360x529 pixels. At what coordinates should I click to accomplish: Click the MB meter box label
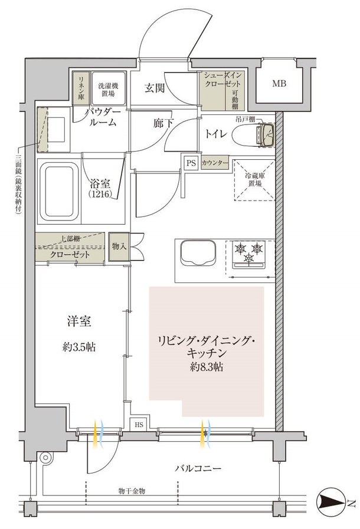(279, 83)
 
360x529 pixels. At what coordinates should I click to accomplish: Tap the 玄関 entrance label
(155, 88)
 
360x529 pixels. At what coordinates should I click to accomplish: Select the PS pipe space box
(191, 163)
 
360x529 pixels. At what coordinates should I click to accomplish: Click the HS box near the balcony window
(139, 425)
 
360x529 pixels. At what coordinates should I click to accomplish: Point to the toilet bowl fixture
(253, 135)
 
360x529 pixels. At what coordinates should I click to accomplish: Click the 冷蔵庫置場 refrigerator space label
(255, 180)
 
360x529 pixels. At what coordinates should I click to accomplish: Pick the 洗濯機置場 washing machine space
(109, 89)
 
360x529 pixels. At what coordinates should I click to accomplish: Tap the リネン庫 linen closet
(81, 88)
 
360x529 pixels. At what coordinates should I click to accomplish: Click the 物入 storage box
(119, 247)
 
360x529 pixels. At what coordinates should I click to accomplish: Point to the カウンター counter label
(215, 163)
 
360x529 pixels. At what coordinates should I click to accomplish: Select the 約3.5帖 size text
(79, 347)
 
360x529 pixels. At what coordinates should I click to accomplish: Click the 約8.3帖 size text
(207, 367)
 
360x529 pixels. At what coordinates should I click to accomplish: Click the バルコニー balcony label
(198, 468)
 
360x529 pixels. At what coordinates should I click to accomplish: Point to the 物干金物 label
(132, 491)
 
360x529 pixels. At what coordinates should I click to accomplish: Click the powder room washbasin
(55, 130)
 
